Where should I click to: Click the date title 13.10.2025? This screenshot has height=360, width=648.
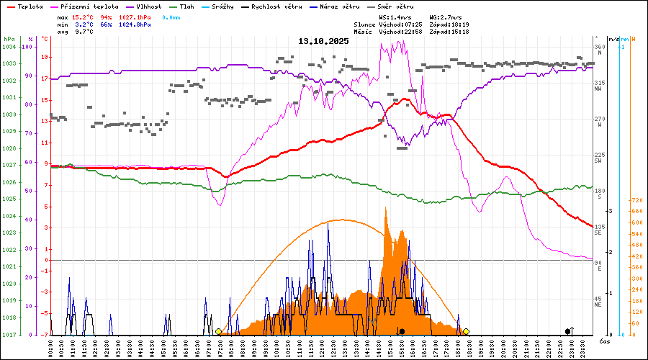tap(323, 41)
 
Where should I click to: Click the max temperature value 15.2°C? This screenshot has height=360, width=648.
tap(84, 17)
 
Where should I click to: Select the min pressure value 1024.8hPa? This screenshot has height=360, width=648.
tap(135, 24)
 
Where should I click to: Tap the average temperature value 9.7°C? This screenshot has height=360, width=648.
tap(84, 32)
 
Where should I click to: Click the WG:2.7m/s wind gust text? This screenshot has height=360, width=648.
tap(446, 17)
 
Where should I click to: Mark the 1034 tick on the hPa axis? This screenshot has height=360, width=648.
tap(9, 47)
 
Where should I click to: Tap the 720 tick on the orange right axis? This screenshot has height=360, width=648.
tap(636, 200)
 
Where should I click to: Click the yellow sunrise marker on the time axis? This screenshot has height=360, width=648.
tap(218, 331)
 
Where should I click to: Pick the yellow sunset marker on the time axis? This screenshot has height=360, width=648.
tap(466, 331)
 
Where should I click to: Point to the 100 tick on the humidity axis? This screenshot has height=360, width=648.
tap(28, 47)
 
